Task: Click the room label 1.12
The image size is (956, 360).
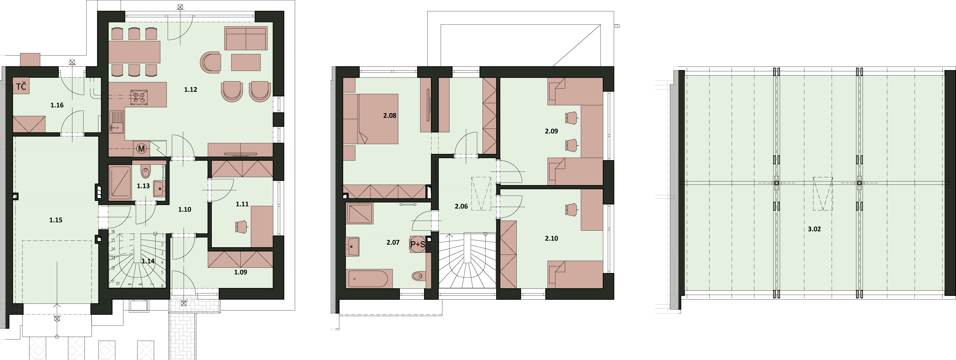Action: [x=190, y=89]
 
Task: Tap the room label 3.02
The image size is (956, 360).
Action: [x=814, y=229]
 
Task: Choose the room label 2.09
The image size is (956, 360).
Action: [x=552, y=131]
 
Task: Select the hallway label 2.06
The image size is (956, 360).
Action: [x=461, y=206]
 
